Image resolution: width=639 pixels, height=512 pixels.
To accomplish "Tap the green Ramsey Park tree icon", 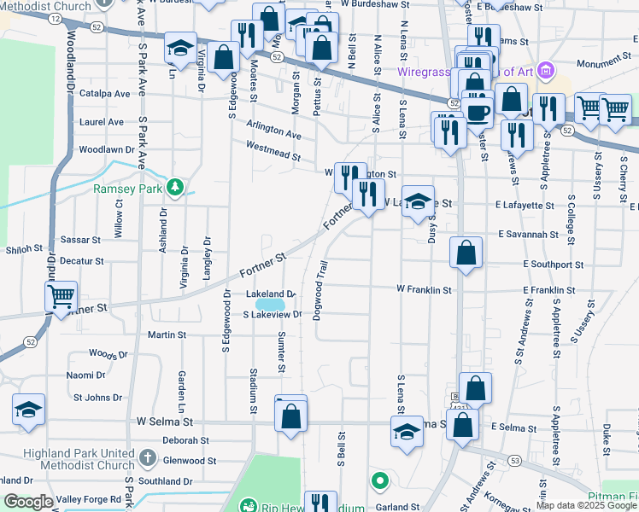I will coord(175,186).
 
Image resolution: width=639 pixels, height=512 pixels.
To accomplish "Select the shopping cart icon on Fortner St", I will coord(61,297).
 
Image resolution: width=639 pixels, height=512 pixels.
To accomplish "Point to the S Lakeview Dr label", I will coord(273,315).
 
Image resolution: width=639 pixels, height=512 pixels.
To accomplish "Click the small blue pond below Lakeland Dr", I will coord(270,304).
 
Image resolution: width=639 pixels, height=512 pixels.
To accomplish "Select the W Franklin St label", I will coord(424,290).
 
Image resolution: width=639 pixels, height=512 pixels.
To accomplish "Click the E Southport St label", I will coord(554,265).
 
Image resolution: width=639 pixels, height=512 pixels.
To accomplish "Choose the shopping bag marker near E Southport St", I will coord(466,253).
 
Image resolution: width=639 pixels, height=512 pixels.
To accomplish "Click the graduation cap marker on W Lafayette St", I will coord(418,202).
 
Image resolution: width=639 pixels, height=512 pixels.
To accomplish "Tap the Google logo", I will coord(28,502).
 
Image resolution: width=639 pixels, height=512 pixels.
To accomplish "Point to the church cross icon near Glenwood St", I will coord(148,459).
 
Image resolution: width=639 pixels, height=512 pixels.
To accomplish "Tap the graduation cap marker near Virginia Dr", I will coord(180,49).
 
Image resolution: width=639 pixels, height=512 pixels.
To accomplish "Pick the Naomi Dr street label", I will coord(86,375).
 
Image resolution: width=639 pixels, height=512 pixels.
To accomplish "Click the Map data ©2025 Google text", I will coord(585,505).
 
